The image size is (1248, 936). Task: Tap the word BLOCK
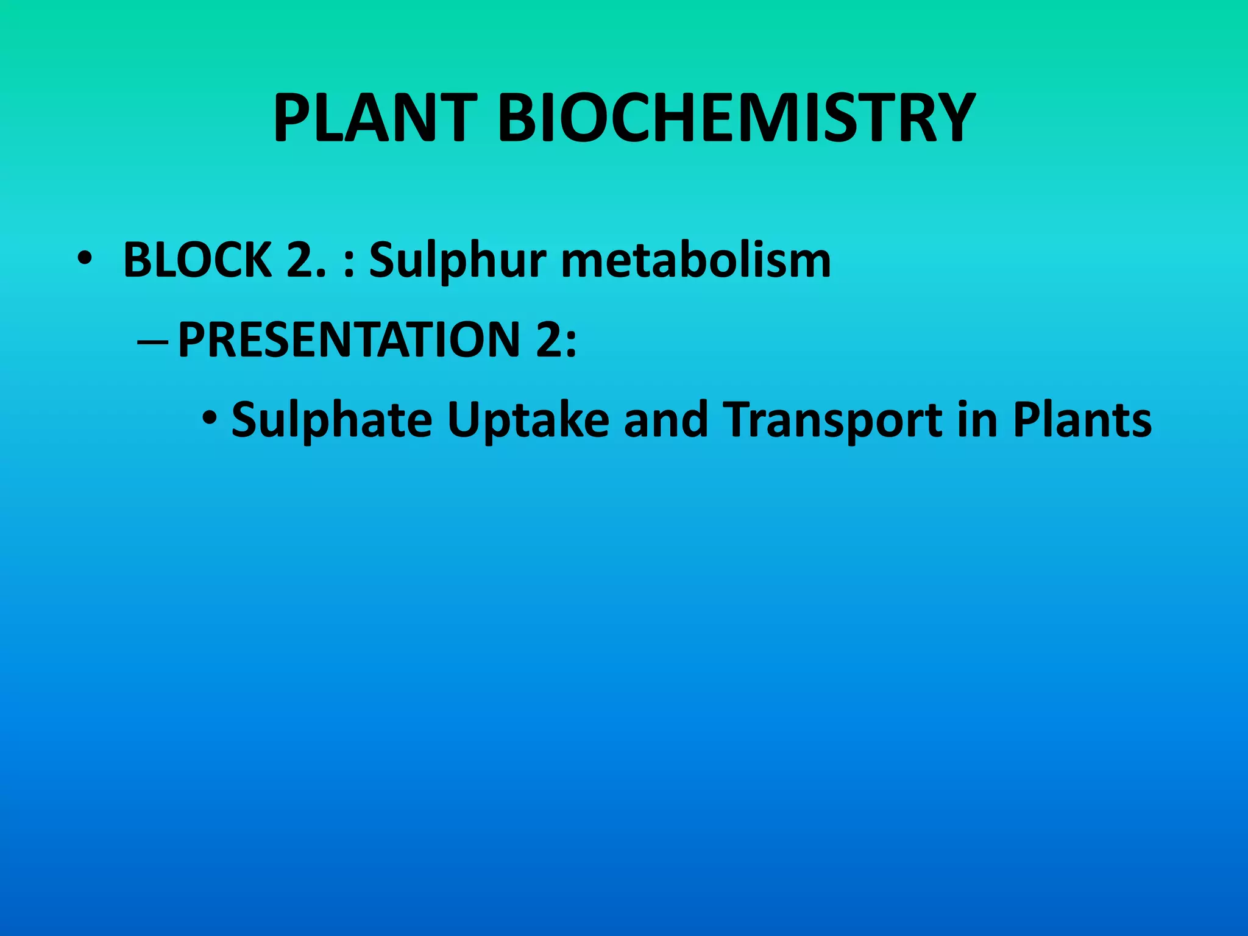[x=197, y=260]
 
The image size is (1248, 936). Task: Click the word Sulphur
[x=458, y=260]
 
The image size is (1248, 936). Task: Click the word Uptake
[x=528, y=420]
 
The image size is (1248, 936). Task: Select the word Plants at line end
[x=1082, y=420]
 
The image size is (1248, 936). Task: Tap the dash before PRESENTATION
[x=153, y=343]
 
